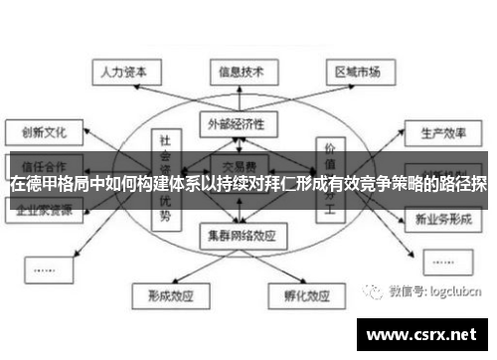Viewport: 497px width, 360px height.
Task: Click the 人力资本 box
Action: pyautogui.click(x=121, y=72)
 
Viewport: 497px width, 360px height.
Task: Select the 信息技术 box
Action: pyautogui.click(x=241, y=72)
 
